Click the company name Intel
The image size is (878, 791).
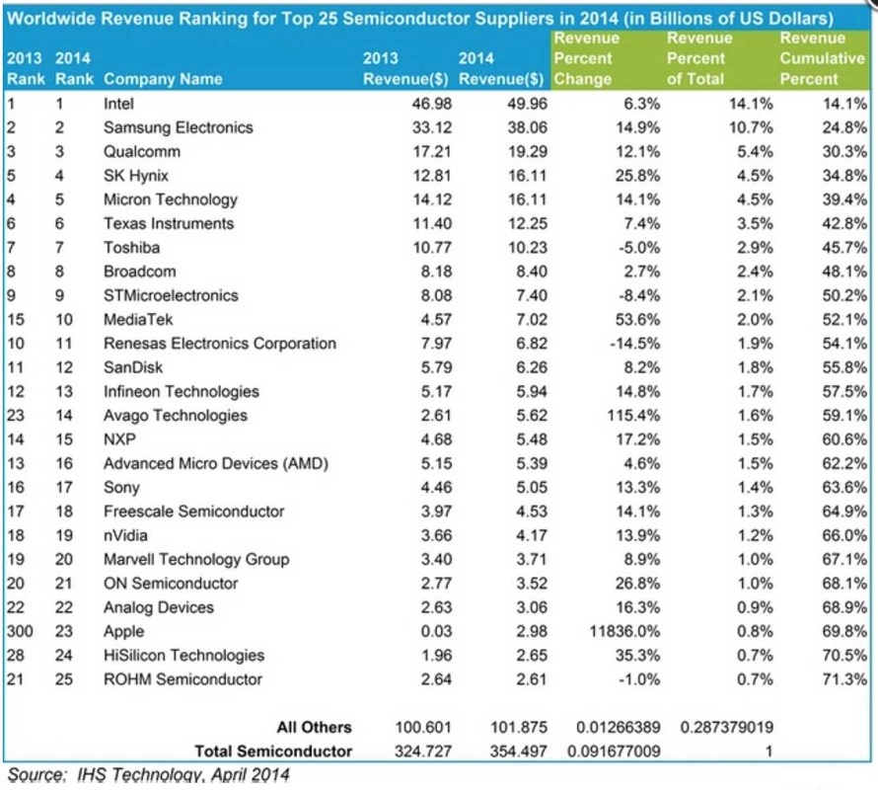coord(118,104)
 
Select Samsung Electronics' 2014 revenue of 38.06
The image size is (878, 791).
coord(528,127)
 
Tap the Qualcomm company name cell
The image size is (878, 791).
coord(142,152)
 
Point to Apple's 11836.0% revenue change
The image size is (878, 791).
coord(624,632)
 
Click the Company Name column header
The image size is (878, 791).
coord(163,79)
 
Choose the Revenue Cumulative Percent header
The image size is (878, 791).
coord(822,58)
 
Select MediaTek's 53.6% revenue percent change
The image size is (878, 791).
coord(637,320)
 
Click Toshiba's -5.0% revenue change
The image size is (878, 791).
coord(639,248)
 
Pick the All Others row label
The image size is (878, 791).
coord(314,728)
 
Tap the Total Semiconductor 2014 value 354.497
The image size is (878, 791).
coord(519,751)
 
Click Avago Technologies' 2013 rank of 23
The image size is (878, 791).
coord(16,416)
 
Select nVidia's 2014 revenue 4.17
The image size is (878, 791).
coord(532,535)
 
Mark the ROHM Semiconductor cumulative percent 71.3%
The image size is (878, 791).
coord(844,679)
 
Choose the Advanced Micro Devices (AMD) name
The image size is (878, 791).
coord(216,463)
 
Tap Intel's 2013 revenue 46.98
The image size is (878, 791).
coord(432,104)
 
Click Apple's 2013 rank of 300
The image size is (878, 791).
coord(20,632)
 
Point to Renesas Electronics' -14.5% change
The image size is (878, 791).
coord(635,344)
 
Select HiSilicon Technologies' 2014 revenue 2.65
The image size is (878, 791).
coord(532,656)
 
